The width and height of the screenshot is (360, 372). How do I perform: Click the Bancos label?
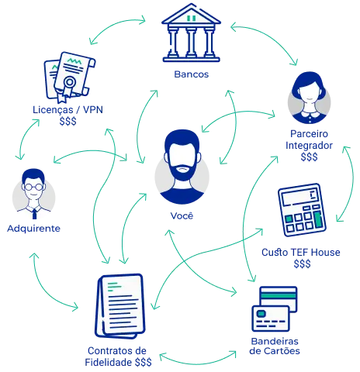[191, 74]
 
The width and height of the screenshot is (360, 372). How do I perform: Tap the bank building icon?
[191, 33]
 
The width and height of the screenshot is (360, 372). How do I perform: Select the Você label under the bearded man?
[182, 215]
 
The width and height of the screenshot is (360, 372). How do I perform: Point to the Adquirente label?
[33, 229]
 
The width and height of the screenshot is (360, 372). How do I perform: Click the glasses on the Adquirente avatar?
[33, 187]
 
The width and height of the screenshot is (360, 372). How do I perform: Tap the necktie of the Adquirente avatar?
[34, 214]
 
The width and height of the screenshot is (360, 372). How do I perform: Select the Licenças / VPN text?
[67, 110]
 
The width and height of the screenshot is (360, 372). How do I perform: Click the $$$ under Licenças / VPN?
[67, 121]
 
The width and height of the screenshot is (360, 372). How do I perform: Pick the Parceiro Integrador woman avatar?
[309, 98]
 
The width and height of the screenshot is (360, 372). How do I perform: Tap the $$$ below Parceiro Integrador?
[309, 157]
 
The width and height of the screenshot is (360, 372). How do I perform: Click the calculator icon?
[302, 210]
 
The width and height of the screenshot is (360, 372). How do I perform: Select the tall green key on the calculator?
[318, 220]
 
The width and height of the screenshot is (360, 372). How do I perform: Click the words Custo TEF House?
[301, 253]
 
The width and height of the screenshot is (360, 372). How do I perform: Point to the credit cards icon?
[275, 309]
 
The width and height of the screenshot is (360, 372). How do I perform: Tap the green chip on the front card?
[261, 314]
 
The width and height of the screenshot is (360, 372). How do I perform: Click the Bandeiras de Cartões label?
[275, 346]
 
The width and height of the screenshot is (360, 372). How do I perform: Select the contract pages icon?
[120, 306]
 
